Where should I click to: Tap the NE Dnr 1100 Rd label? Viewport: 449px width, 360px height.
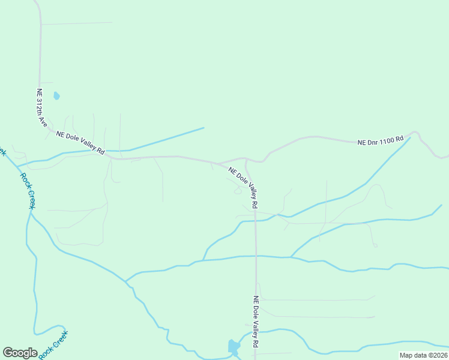coord(381,141)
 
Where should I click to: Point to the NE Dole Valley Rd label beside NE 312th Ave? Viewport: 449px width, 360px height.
coord(80,143)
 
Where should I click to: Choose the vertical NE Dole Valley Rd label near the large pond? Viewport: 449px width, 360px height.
coord(255,322)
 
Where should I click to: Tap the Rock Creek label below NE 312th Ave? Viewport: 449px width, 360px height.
coord(28,191)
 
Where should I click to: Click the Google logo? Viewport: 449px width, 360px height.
coord(20,353)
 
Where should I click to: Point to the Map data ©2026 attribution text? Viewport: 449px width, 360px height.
coord(424,355)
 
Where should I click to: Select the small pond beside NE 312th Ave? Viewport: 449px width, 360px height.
coord(56,95)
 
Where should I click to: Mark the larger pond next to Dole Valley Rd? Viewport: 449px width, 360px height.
coord(233,346)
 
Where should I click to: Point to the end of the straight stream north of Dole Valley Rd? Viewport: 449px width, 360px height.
coord(203,128)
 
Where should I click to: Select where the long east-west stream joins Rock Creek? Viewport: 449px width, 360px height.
coord(125,281)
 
